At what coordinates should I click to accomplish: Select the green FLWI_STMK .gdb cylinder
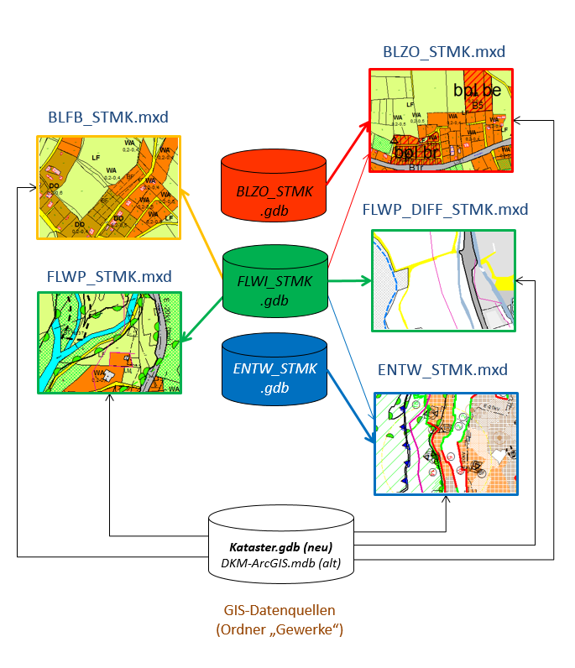click(x=274, y=282)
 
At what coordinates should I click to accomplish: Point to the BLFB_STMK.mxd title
click(x=108, y=117)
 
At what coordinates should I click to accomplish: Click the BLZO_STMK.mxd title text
click(x=443, y=52)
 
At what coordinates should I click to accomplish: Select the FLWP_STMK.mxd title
click(x=109, y=276)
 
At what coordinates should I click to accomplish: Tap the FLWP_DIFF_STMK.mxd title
click(x=445, y=210)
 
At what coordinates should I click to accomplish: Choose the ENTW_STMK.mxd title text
click(x=443, y=369)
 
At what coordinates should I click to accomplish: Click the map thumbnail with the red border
click(x=441, y=121)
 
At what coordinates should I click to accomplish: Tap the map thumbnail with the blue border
click(x=445, y=443)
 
